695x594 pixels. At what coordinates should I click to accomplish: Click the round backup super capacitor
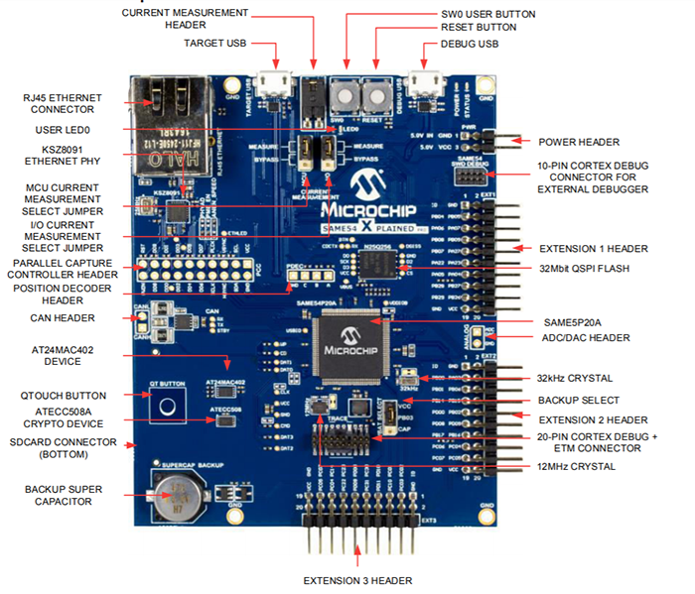177,489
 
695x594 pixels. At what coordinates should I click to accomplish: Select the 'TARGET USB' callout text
215,44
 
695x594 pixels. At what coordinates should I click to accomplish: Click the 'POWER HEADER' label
579,142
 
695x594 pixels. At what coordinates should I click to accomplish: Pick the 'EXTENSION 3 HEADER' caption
356,580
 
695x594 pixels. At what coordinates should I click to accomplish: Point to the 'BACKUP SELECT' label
578,400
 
